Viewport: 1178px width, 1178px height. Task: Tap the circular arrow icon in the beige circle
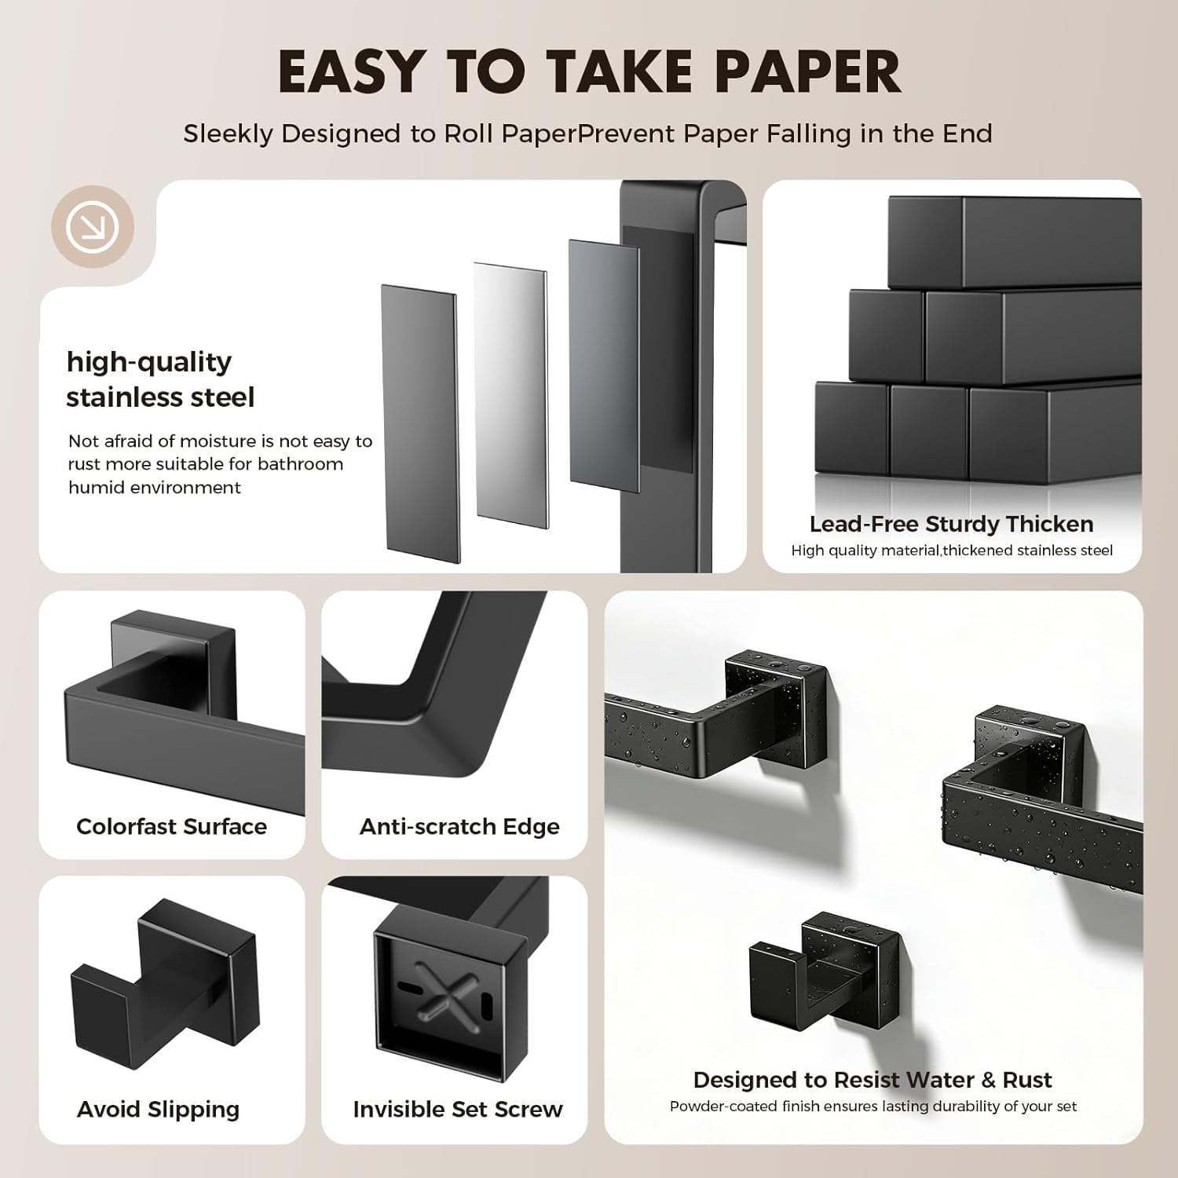point(93,227)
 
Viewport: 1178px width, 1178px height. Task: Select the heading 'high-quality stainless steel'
point(160,379)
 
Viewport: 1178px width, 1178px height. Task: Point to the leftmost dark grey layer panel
point(420,423)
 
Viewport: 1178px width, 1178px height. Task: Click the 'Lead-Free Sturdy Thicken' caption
point(951,524)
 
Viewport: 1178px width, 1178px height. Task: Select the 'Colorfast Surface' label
point(171,826)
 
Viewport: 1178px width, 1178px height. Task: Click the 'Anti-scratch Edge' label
point(459,826)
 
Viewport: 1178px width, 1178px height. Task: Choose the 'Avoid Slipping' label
point(158,1109)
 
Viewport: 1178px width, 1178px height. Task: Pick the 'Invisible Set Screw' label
point(458,1109)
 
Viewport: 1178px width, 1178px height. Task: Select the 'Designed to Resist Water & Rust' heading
point(872,1080)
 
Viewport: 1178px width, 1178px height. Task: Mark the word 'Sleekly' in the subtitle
point(228,134)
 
